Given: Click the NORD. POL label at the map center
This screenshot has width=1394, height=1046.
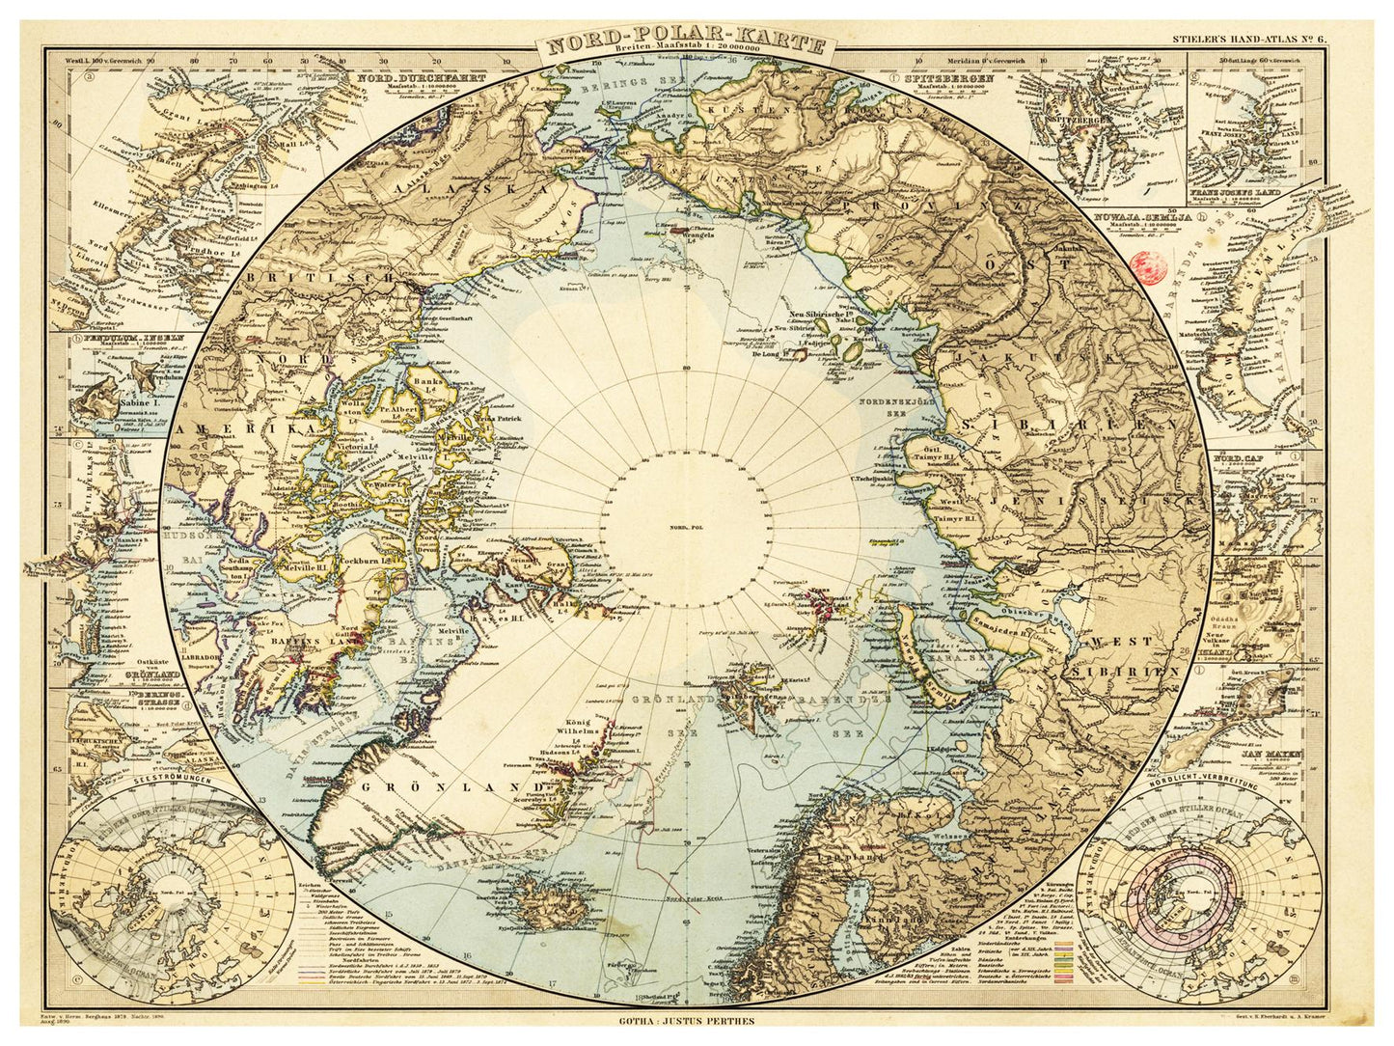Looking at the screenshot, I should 684,527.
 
